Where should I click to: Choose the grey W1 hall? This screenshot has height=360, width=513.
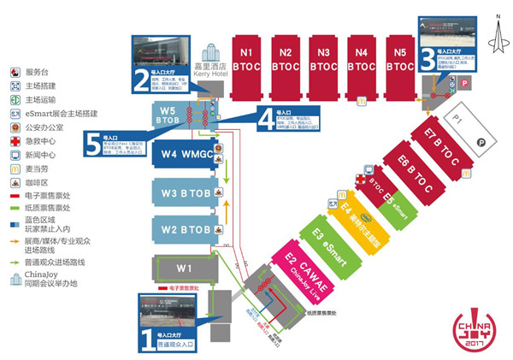coord(181,268)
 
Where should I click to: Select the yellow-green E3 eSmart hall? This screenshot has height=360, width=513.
coord(327,238)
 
